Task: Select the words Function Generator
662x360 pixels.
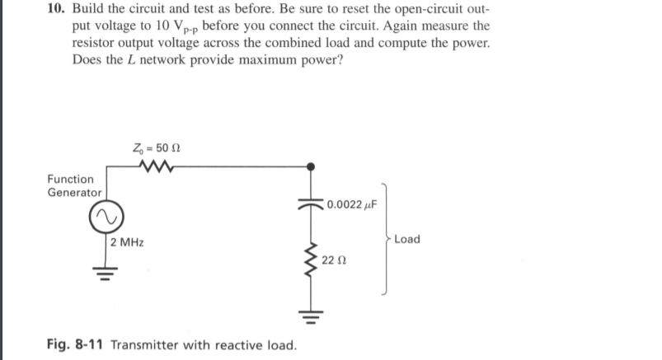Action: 72,185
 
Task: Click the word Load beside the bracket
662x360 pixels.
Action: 407,240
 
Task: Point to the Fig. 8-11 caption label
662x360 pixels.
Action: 73,343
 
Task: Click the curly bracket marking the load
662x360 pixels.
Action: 381,240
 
